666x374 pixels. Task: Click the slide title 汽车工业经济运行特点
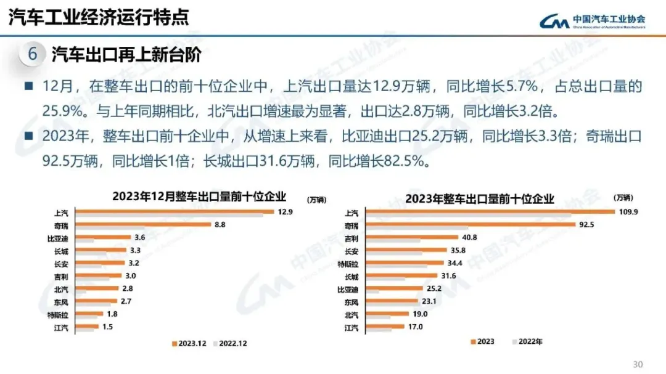point(99,17)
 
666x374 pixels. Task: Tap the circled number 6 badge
point(32,54)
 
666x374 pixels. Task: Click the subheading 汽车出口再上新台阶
point(126,55)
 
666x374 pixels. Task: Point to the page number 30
point(638,362)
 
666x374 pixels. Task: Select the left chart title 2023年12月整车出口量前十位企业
point(199,197)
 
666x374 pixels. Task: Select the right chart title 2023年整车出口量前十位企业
point(480,198)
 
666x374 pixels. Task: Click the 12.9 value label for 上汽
point(285,211)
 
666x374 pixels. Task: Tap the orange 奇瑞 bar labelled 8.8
point(142,225)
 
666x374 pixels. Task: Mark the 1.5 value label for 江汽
point(107,327)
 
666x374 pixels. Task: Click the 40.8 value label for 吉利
point(468,237)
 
